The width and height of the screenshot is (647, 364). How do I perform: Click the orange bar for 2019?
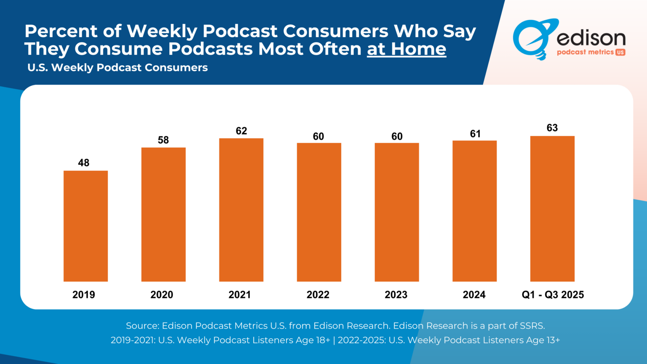86,226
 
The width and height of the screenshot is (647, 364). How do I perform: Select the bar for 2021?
241,210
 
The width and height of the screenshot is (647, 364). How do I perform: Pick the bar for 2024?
474,211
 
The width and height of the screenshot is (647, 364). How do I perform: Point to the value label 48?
84,163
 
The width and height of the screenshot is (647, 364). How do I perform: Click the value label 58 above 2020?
163,140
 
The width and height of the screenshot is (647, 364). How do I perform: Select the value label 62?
241,131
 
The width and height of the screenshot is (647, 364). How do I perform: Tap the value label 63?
552,128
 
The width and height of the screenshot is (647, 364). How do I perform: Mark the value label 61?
475,134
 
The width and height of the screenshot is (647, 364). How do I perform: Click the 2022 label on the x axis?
318,295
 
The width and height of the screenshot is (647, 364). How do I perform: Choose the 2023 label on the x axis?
396,295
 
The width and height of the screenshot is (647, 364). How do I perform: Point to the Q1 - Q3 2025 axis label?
553,295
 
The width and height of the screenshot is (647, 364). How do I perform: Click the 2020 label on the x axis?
162,295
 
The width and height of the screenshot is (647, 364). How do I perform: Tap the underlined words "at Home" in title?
406,49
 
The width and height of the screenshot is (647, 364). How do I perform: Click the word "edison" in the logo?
591,38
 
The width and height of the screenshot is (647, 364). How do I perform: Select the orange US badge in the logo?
620,52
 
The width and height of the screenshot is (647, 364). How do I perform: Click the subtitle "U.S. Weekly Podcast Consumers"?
118,68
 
